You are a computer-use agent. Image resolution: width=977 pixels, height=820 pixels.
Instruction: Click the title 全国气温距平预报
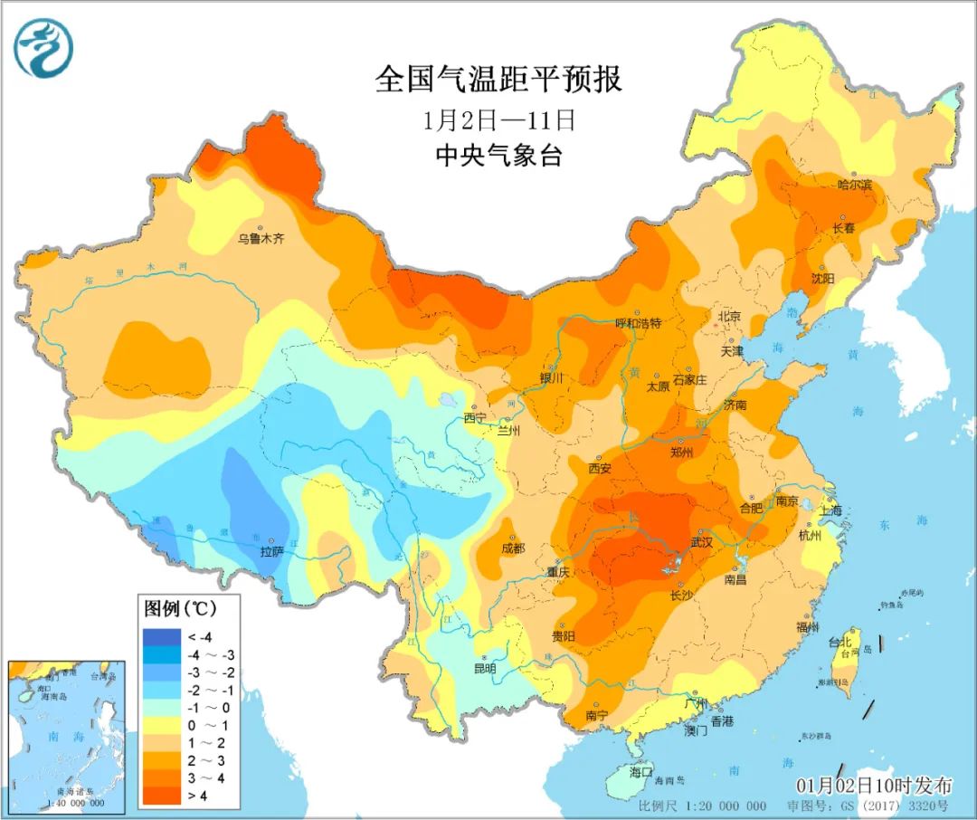[498, 80]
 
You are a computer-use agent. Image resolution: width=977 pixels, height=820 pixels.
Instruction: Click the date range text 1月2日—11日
[498, 119]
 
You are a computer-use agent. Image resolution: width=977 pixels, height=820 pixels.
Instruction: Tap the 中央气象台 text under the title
[498, 156]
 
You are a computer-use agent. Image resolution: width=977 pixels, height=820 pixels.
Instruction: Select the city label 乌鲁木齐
[261, 239]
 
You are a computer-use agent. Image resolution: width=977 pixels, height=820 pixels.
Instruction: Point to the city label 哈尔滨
[855, 185]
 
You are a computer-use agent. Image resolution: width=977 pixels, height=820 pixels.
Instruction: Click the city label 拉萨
[272, 551]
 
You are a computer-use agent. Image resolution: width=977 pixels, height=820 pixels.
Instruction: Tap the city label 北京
[729, 317]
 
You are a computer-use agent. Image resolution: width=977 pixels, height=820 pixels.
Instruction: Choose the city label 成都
[512, 548]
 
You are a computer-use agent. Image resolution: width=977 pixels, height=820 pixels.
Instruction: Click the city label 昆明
[484, 669]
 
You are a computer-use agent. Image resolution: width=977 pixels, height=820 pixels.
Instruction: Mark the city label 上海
[830, 510]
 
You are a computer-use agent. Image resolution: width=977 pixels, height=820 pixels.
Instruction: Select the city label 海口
[640, 771]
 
